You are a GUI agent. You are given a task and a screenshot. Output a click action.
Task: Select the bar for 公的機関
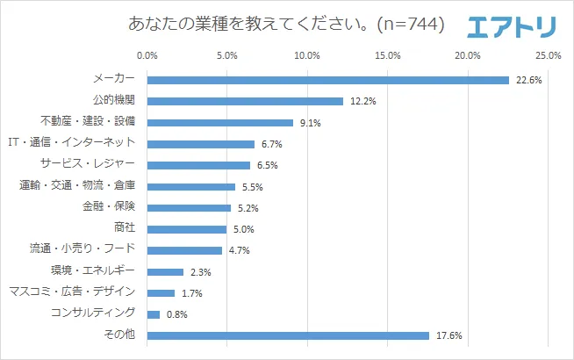pos(245,101)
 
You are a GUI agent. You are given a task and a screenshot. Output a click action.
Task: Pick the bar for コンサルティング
pos(154,314)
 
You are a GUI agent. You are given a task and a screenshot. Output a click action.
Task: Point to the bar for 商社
pos(187,229)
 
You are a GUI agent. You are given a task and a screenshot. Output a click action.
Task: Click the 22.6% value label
pos(529,80)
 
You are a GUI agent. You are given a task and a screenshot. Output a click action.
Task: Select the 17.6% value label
pos(449,335)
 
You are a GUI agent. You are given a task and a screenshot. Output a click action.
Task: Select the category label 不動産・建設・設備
pos(88,122)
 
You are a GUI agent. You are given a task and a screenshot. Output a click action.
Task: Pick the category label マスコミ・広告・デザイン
pos(71,292)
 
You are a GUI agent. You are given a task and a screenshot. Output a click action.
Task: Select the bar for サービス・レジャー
pos(198,165)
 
